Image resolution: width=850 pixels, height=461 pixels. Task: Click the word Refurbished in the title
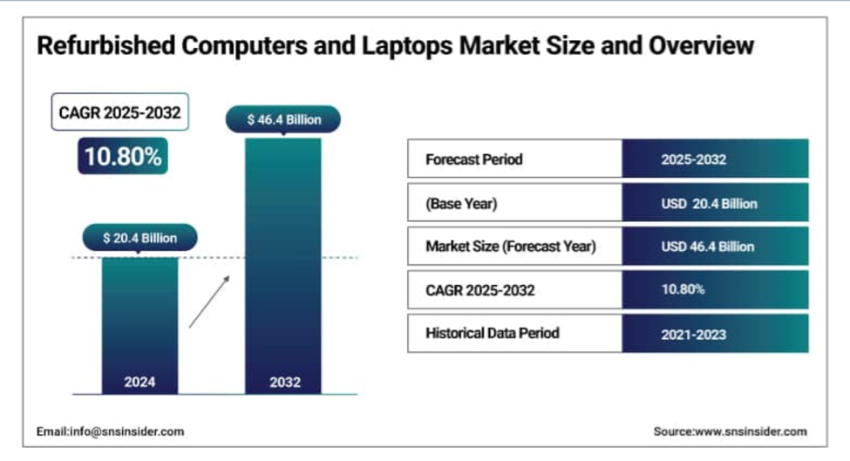[106, 45]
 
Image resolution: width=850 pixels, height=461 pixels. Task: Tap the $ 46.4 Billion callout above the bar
[283, 119]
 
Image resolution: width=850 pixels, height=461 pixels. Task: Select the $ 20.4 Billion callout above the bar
[139, 238]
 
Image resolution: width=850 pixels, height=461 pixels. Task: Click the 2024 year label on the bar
[139, 382]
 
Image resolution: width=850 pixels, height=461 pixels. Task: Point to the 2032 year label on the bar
[285, 382]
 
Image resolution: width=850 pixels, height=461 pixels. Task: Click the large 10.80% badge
[123, 156]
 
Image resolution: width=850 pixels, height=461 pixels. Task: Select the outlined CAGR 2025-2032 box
[119, 112]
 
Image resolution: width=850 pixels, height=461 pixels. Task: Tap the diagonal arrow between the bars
[209, 302]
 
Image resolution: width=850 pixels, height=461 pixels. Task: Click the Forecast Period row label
[473, 159]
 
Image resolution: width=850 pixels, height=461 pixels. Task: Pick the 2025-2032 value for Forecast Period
[693, 159]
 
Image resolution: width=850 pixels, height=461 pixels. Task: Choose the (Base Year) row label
[461, 204]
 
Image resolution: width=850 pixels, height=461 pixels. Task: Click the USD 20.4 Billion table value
[709, 204]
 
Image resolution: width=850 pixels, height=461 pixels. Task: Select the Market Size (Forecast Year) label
[511, 247]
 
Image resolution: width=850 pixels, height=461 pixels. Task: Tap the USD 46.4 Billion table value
[707, 247]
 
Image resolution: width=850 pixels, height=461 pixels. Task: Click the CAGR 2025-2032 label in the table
[480, 290]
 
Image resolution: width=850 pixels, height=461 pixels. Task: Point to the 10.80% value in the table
[683, 289]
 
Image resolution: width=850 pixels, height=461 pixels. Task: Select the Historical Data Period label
[493, 333]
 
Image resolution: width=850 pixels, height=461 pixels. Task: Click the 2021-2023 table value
[693, 335]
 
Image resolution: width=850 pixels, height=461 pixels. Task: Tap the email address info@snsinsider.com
[127, 431]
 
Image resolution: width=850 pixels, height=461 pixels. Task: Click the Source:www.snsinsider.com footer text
[731, 431]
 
